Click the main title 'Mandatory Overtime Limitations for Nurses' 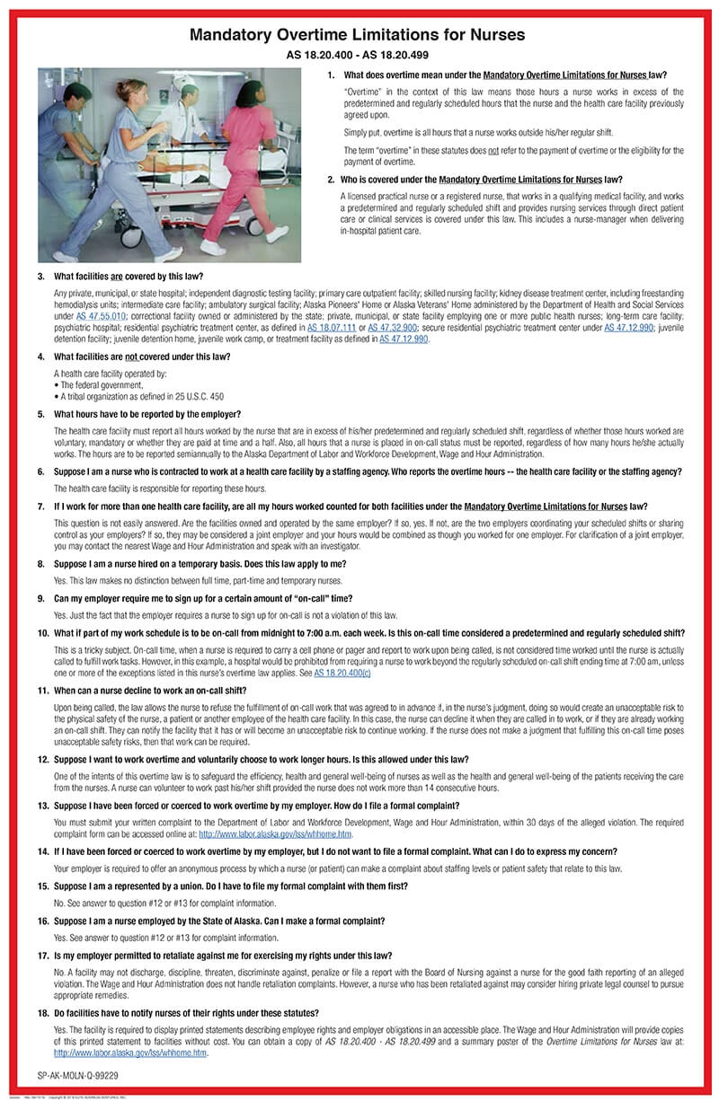[x=358, y=35]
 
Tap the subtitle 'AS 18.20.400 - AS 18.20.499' [x=358, y=55]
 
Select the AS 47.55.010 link [x=102, y=316]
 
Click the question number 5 [x=41, y=414]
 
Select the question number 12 [x=42, y=760]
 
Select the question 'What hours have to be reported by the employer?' [x=146, y=414]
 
